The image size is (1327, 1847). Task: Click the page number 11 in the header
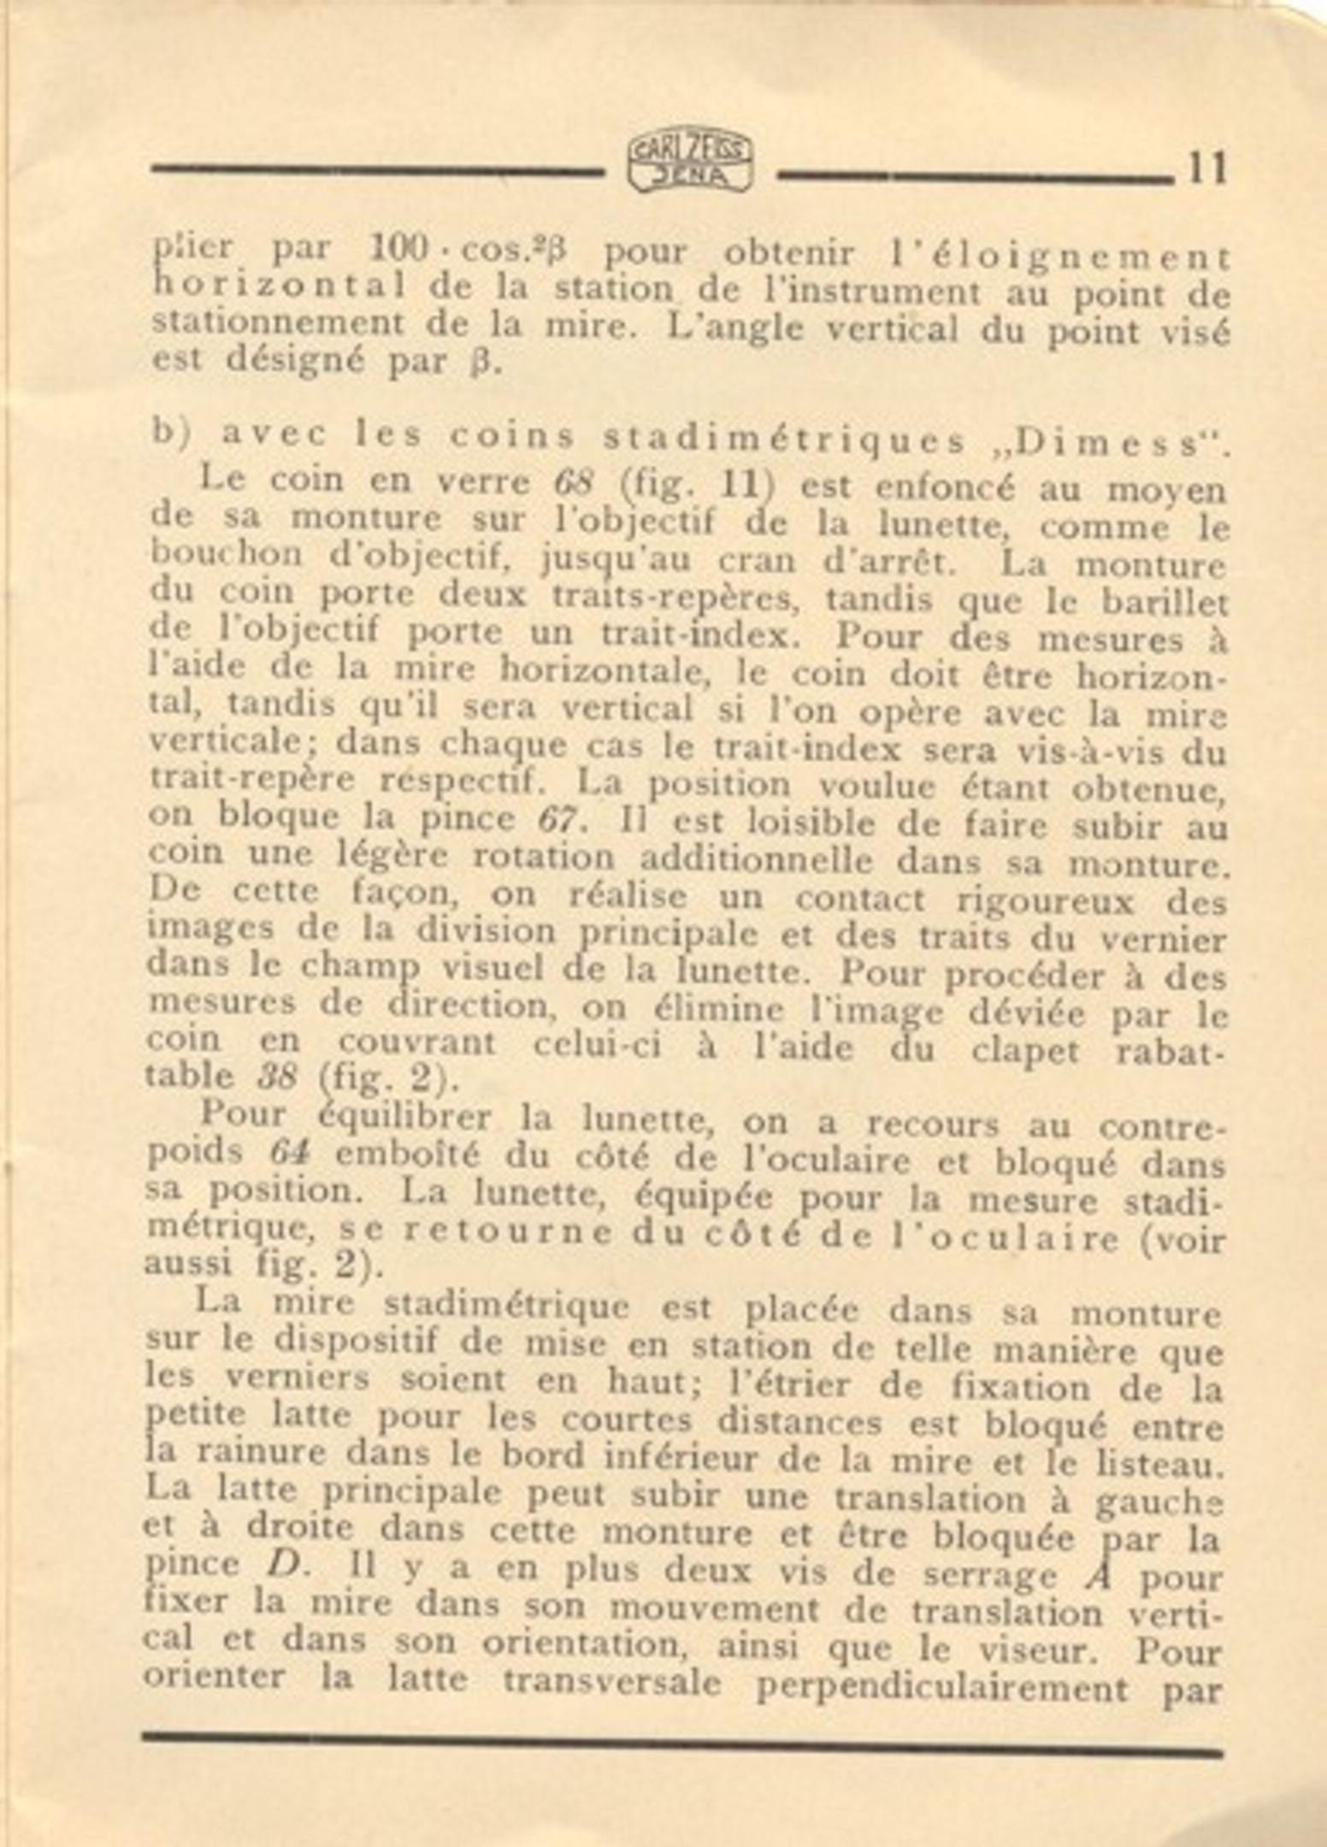1206,168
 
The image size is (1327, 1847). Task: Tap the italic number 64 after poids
288,1152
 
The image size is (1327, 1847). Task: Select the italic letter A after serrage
1097,1573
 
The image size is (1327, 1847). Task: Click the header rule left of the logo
377,169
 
